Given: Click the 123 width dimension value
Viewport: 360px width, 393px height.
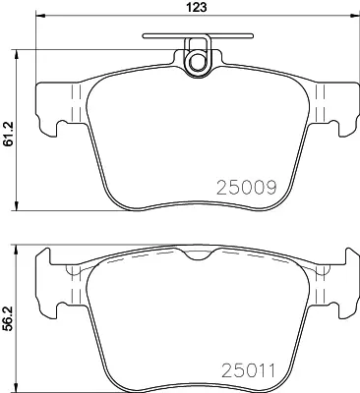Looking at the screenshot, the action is pos(198,7).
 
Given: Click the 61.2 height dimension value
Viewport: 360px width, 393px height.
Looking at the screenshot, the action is pos(8,134).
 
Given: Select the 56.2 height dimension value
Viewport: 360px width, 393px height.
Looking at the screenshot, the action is pos(8,318).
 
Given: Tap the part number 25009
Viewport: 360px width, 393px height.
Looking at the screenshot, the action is pos(247,188).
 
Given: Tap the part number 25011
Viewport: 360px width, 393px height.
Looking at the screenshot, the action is pos(248,370).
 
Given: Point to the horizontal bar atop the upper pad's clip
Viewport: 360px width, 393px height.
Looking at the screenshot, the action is pos(198,35).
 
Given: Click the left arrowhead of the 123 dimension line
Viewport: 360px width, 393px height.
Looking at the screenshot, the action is pos(40,15).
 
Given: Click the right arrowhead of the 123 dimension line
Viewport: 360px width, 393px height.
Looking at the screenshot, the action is pos(355,15).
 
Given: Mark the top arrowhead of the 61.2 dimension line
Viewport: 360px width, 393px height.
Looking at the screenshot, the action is pos(17,55).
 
